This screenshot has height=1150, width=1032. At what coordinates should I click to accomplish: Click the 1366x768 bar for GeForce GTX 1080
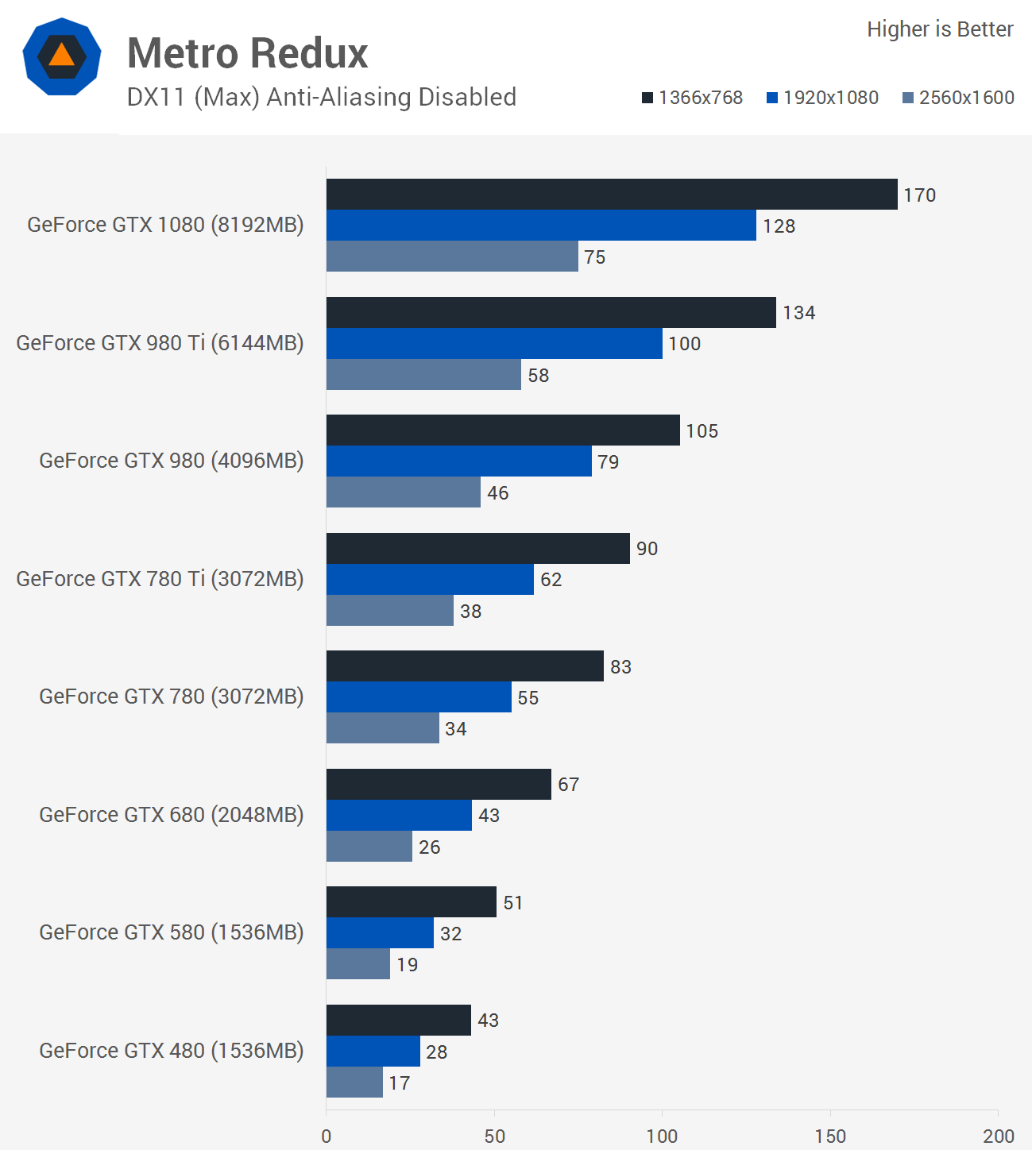pos(612,195)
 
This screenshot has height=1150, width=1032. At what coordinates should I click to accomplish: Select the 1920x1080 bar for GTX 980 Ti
pos(494,344)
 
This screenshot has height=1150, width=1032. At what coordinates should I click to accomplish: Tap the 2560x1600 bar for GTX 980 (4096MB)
pos(404,492)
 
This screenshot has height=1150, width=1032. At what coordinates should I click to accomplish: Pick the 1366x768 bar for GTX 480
pos(399,1021)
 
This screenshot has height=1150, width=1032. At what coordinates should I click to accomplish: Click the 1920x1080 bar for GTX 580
pos(380,933)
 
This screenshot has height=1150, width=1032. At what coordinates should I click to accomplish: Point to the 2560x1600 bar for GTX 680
pos(369,847)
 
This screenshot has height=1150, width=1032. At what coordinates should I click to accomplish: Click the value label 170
pos(919,195)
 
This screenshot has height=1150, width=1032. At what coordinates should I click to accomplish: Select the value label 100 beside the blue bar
pos(684,344)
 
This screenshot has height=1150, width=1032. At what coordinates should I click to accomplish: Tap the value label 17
pos(400,1083)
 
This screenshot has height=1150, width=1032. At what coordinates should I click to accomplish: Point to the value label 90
pos(647,549)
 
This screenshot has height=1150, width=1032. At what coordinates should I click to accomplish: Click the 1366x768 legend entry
pos(693,98)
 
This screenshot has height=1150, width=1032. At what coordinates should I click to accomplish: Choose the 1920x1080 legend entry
pos(823,98)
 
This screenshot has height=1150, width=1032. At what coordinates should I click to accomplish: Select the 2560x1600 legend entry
pos(959,98)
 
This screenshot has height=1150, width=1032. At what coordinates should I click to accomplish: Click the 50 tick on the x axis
pos(494,1136)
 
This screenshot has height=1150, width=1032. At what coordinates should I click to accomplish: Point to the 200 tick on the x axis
pos(998,1136)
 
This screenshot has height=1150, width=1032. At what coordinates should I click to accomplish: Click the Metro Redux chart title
pos(248,54)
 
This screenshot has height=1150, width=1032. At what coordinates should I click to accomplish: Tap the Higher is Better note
pos(940,29)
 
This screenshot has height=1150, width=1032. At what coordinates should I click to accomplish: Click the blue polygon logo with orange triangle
pos(62,56)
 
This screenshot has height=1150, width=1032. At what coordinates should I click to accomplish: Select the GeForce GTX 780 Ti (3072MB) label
pos(160,579)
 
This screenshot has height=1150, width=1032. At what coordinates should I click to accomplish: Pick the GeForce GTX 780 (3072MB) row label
pos(172,697)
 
